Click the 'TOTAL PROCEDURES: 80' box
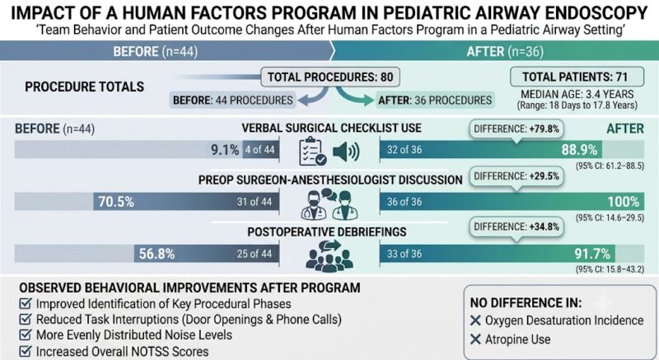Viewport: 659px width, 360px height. pos(330,77)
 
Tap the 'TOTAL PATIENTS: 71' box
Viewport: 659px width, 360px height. pos(577,77)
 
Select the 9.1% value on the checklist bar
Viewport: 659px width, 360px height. pos(224,150)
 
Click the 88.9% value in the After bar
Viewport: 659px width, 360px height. pos(579,150)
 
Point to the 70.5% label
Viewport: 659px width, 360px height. pos(116,202)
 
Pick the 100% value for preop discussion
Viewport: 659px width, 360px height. pos(624,202)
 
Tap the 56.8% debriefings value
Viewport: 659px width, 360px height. pos(157,254)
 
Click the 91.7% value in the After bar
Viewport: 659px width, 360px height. pos(592,254)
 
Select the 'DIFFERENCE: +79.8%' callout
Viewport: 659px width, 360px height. pos(516,130)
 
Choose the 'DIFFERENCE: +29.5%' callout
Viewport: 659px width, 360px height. pos(516,177)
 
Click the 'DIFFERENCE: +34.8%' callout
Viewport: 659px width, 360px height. pos(516,227)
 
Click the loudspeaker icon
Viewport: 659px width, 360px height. pos(345,152)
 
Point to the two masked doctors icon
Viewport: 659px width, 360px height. pos(327,204)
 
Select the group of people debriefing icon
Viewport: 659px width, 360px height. pos(329,255)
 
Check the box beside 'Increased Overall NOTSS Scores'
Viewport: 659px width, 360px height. pos(26,351)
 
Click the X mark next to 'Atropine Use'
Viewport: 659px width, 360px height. pos(475,339)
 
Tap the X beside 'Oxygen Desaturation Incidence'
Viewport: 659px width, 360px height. pos(475,320)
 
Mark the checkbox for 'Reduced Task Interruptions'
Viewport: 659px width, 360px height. pos(26,320)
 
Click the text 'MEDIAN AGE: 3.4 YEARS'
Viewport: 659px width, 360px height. pos(577,94)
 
